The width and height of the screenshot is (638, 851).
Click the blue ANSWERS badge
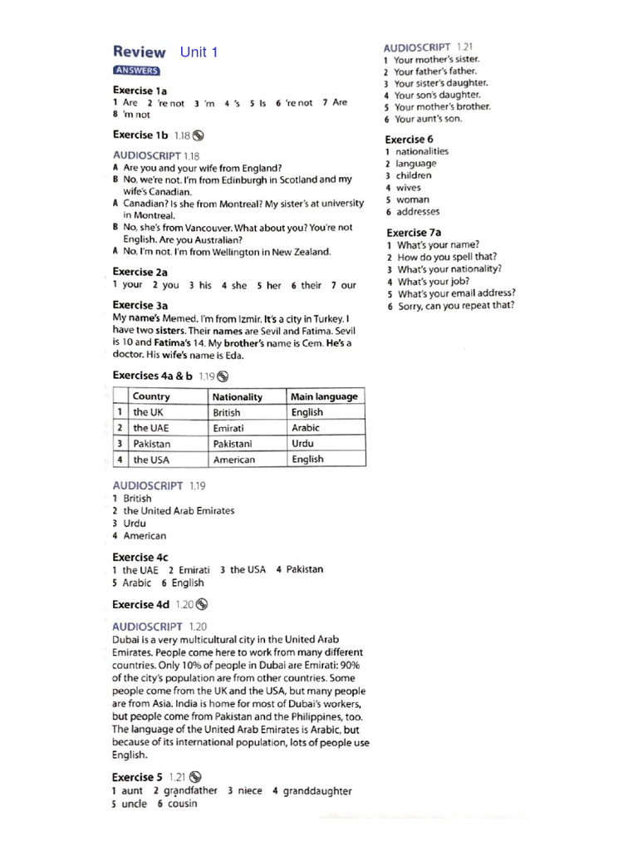pyautogui.click(x=136, y=71)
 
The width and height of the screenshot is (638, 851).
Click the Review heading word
pyautogui.click(x=139, y=52)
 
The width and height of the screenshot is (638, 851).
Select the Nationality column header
pyautogui.click(x=238, y=396)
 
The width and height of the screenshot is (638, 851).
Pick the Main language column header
pyautogui.click(x=324, y=396)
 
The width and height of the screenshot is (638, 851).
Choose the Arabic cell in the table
pyautogui.click(x=306, y=428)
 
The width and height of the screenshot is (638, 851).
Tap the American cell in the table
pyautogui.click(x=234, y=460)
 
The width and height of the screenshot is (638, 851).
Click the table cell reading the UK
pyautogui.click(x=149, y=412)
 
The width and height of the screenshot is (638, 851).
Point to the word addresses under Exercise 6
pyautogui.click(x=418, y=212)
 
